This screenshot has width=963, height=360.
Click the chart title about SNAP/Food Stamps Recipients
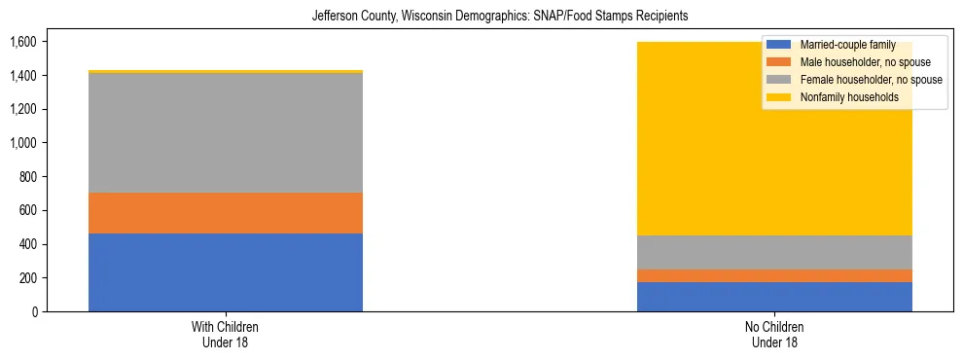[499, 17]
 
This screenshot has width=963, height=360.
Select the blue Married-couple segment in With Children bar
[226, 272]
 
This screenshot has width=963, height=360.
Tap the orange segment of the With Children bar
[226, 213]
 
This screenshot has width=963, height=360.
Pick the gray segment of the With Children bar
[226, 133]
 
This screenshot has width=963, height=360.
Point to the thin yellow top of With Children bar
[226, 71]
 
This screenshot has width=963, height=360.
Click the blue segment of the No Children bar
[774, 297]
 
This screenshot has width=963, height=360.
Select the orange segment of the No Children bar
[774, 275]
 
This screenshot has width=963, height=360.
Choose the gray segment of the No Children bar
[774, 252]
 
